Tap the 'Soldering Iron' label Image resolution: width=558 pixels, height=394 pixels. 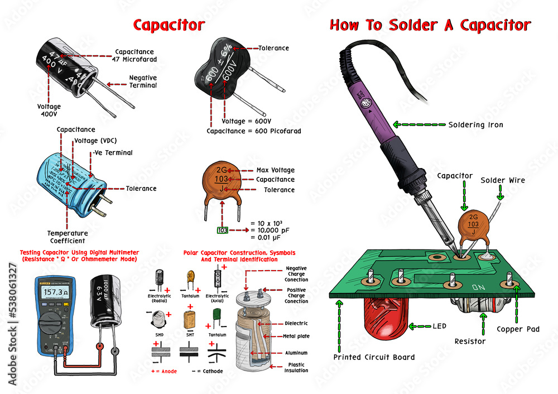coord(475,124)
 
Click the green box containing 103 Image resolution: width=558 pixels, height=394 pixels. coord(223,230)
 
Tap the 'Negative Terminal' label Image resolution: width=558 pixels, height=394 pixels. coord(143,81)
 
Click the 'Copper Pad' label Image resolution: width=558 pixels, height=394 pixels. coord(518,329)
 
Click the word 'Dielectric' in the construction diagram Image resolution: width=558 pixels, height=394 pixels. coord(296,324)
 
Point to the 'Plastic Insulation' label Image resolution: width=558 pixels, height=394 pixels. coord(296,367)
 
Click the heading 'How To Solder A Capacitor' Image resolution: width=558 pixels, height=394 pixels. coord(430,26)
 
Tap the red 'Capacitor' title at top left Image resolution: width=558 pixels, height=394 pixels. coord(169,26)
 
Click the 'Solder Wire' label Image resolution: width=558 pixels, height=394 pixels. coord(503,180)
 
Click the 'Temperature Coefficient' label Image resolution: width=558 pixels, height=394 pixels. coord(67,237)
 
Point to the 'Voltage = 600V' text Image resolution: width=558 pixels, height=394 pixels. coord(246,121)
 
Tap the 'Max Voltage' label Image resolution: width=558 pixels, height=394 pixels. coord(275,170)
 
